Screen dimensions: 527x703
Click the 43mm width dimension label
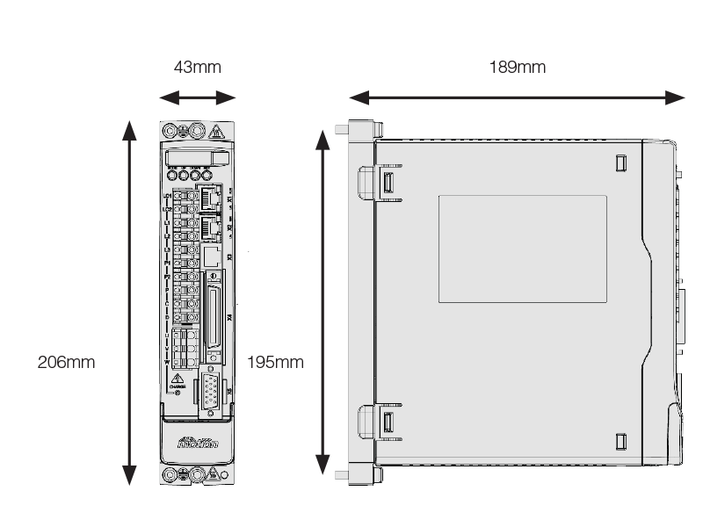click(x=197, y=68)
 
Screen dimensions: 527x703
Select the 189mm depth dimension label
click(x=517, y=68)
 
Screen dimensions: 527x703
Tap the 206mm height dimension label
click(x=66, y=362)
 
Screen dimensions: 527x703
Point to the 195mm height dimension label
click(x=276, y=362)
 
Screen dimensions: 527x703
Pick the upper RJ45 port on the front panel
click(x=210, y=197)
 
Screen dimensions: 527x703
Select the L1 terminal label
click(x=167, y=223)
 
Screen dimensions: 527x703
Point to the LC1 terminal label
click(x=167, y=196)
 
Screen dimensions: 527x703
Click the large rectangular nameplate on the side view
click(x=522, y=249)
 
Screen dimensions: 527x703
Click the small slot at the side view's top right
click(x=620, y=163)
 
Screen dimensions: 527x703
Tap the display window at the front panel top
click(x=197, y=157)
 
